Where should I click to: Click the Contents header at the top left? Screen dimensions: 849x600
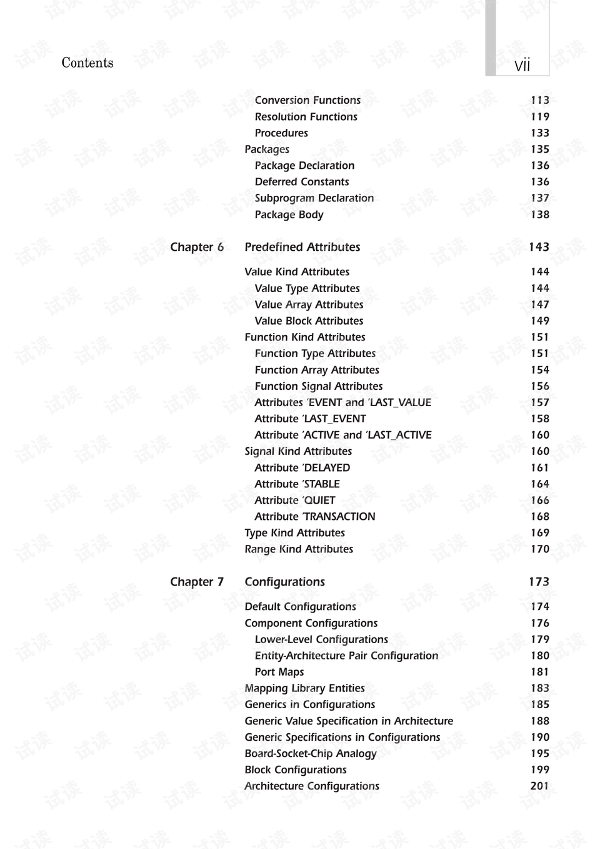[87, 63]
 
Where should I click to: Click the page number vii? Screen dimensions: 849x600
[522, 66]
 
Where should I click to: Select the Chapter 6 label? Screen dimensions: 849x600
[197, 247]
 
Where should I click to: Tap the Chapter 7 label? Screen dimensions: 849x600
[197, 582]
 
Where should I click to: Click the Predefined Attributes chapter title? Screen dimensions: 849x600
[302, 247]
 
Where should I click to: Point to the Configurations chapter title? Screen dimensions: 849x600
[285, 582]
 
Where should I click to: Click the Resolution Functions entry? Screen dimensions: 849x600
[306, 117]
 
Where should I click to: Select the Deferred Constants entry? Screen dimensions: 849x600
[302, 182]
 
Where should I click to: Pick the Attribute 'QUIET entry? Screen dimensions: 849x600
[295, 501]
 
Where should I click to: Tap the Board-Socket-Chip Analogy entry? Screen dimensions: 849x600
[311, 754]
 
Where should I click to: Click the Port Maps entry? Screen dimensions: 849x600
[279, 672]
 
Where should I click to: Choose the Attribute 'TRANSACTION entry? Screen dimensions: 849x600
[315, 517]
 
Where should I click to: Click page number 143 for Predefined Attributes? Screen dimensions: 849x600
[539, 247]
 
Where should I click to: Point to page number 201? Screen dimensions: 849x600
[540, 786]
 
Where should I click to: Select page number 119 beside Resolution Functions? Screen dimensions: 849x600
[540, 117]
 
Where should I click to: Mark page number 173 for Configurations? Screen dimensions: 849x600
[539, 582]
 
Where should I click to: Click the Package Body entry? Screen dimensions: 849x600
[289, 215]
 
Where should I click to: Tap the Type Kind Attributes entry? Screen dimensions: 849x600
[295, 533]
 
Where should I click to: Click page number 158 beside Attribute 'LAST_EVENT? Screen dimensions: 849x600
[540, 419]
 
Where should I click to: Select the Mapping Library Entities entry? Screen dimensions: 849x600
[305, 688]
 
